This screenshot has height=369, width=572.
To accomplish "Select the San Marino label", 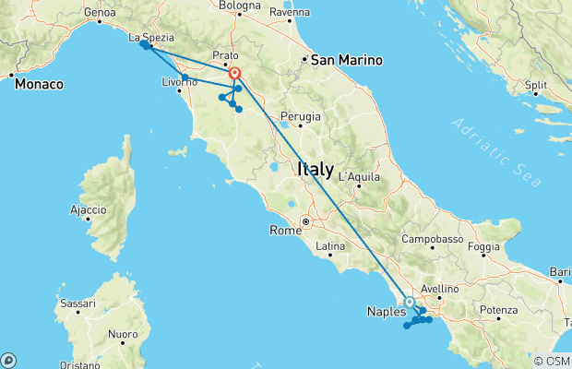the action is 346,60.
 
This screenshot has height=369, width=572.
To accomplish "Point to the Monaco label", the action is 39,83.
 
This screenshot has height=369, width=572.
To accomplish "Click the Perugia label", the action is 301,116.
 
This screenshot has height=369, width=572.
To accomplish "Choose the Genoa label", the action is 99,13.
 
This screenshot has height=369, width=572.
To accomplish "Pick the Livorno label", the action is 179,83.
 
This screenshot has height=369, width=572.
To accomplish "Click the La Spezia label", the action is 151,39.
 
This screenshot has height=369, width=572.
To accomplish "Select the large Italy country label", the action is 316,169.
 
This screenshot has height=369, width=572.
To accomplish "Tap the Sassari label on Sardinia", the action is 77,303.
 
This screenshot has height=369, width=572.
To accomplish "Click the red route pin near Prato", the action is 234,74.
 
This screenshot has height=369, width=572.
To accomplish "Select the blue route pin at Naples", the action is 409,302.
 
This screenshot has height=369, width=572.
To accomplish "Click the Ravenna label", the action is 290,13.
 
